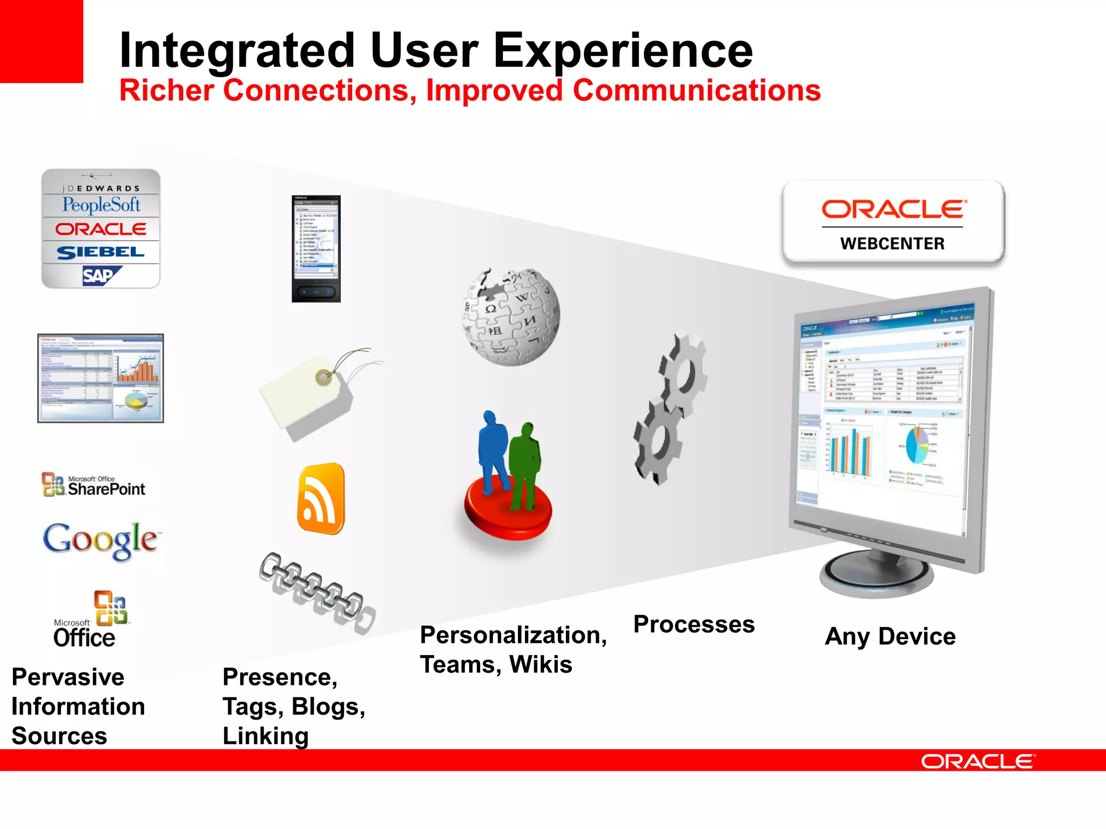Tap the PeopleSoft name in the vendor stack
point(101,205)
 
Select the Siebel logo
point(100,252)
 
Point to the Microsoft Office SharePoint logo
point(94,485)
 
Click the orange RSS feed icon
point(321,499)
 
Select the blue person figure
point(493,451)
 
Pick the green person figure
point(524,464)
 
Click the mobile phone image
point(316,248)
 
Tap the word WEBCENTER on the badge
point(892,243)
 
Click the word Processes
point(694,624)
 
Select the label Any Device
point(890,636)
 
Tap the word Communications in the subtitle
point(697,90)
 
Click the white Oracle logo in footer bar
point(977,761)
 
